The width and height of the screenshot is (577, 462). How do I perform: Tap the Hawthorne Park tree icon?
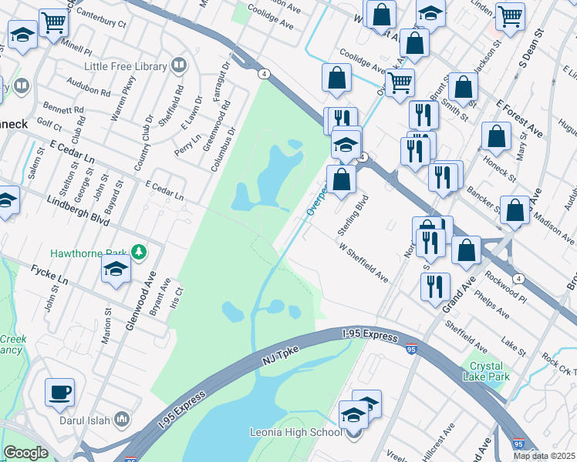click(x=138, y=251)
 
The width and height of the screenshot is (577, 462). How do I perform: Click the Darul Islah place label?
click(x=83, y=420)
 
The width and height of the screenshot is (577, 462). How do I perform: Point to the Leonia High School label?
click(x=295, y=431)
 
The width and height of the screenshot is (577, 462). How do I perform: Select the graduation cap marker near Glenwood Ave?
click(x=116, y=269)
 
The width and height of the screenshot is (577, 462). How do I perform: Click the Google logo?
click(x=25, y=453)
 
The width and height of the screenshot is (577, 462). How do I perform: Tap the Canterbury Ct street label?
click(x=98, y=23)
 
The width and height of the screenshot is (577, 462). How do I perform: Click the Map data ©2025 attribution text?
click(x=544, y=456)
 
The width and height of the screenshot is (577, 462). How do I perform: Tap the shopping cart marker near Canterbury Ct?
click(x=53, y=22)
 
